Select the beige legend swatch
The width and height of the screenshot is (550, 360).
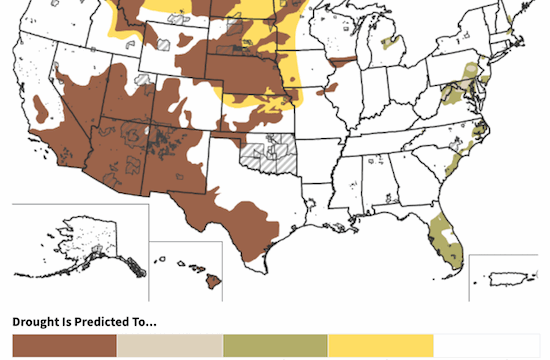170,346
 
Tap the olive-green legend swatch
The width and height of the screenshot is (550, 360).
275,346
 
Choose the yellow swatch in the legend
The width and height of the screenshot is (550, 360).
381,346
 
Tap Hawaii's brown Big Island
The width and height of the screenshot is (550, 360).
213,282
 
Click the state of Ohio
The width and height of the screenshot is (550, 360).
405,92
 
